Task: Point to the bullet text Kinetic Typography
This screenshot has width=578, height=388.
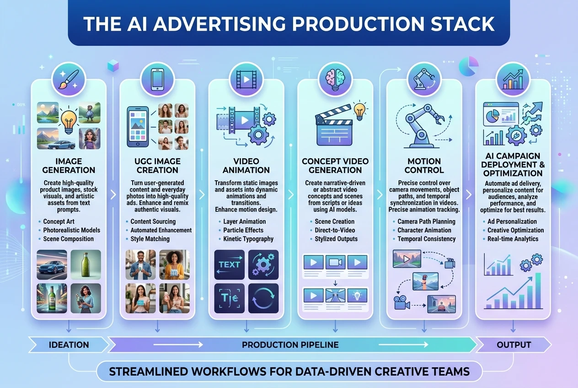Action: [x=248, y=239]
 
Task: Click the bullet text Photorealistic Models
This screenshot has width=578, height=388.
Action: [x=72, y=230]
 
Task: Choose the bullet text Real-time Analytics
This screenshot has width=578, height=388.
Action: [x=513, y=239]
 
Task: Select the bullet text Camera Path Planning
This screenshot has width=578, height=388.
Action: [x=426, y=221]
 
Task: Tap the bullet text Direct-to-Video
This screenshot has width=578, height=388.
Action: [x=335, y=230]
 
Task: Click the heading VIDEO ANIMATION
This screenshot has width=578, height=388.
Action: [x=246, y=166]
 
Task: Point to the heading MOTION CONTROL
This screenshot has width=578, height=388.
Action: [x=424, y=166]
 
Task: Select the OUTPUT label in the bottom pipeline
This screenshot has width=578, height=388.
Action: [x=514, y=345]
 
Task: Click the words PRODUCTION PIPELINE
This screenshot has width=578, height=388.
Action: [x=290, y=345]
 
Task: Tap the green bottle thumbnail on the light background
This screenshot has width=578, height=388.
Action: [x=86, y=264]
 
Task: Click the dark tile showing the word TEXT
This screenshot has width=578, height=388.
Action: [x=230, y=264]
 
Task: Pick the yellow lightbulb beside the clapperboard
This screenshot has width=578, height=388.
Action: [x=360, y=110]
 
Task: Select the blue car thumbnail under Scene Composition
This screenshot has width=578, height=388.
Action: [x=52, y=264]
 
